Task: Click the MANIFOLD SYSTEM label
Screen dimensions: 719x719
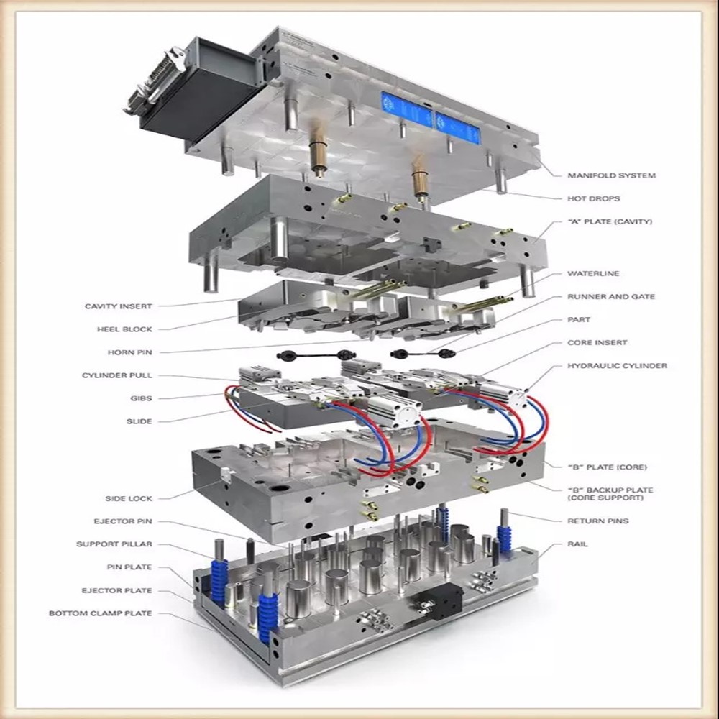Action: pos(611,175)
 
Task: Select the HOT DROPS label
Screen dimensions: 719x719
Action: pos(593,198)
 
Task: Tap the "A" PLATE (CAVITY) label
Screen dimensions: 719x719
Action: pos(610,221)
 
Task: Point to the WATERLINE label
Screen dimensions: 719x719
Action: pos(593,274)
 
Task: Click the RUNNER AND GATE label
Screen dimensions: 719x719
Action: pos(611,297)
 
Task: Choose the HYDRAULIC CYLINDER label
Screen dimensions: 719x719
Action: pos(617,366)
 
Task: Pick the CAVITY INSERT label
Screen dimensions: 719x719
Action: pos(119,306)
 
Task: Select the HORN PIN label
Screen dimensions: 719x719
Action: pos(129,352)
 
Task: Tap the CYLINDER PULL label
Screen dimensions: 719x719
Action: pos(117,375)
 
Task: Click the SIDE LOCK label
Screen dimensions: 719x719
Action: pos(129,498)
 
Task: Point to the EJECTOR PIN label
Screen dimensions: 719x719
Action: pos(123,521)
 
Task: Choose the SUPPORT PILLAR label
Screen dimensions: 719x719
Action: pos(114,544)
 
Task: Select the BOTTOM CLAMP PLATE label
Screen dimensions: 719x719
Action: pos(101,613)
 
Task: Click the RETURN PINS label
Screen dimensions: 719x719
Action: pos(597,521)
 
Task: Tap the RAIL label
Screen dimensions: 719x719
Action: pos(577,544)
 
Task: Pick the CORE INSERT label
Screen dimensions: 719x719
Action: pos(597,343)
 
